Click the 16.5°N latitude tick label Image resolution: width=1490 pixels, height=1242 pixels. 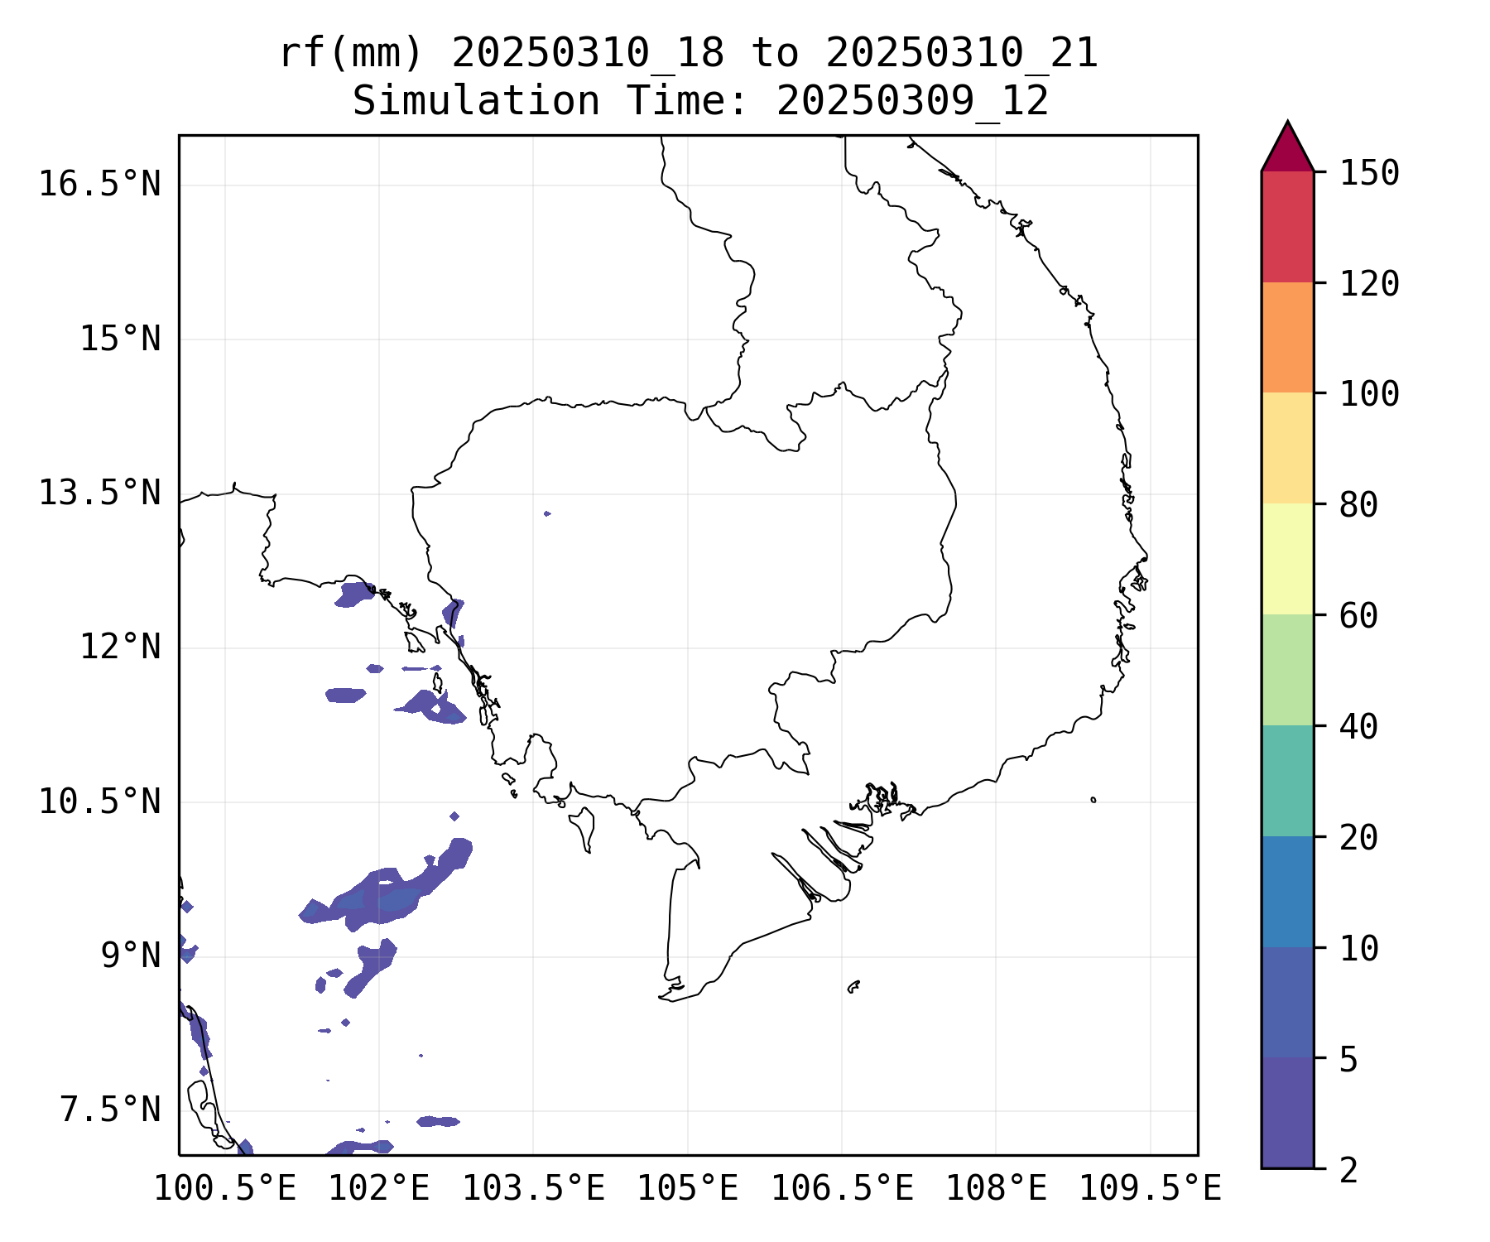point(99,184)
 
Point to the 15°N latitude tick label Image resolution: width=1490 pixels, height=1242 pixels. point(120,339)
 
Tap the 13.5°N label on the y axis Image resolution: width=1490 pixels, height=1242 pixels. point(99,493)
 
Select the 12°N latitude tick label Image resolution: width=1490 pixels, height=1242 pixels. point(120,647)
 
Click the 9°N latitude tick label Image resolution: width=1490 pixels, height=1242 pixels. point(131,956)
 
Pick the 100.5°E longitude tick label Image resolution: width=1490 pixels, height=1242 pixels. point(225,1189)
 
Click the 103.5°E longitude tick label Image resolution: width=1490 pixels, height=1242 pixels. point(533,1189)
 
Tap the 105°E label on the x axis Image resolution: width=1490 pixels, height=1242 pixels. point(687,1189)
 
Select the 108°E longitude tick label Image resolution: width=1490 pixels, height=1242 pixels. point(996,1189)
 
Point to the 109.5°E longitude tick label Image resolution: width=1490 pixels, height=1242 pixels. point(1150,1189)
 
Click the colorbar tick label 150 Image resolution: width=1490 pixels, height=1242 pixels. point(1369,173)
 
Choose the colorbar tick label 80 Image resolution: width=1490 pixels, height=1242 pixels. point(1358,505)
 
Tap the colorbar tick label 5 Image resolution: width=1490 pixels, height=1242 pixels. point(1348,1059)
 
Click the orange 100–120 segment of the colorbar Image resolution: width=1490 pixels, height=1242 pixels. point(1287,337)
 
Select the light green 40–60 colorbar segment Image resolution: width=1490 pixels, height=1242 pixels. point(1287,669)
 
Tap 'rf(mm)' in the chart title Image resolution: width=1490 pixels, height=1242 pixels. point(351,54)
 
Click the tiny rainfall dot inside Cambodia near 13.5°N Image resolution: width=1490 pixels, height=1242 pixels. point(547,513)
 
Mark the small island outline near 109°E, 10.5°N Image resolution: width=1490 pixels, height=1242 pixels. point(1093,800)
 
